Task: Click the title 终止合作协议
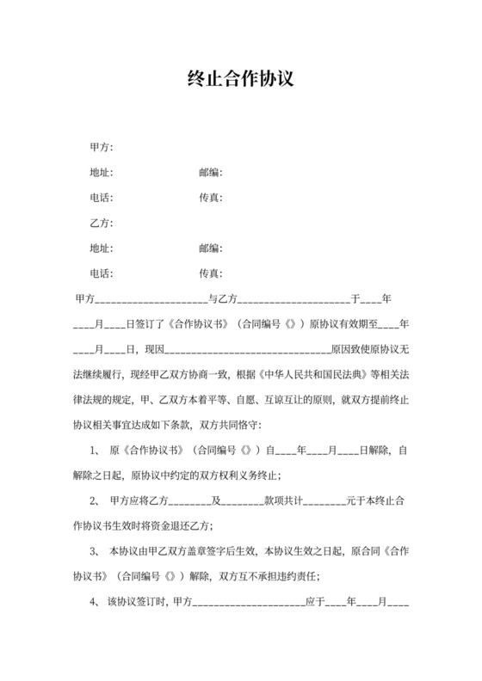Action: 241,80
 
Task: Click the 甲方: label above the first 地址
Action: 102,148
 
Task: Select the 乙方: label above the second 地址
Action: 102,224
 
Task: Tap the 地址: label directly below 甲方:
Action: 102,173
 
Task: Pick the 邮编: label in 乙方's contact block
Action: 211,248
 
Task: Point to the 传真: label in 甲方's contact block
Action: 211,198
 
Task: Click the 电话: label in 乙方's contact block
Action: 102,273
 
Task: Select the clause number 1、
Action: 96,450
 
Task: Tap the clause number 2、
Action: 96,500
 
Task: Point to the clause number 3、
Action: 96,551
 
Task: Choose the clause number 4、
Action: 96,602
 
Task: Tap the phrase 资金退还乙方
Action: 183,526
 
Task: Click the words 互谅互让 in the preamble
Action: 277,400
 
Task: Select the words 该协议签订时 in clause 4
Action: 139,602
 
